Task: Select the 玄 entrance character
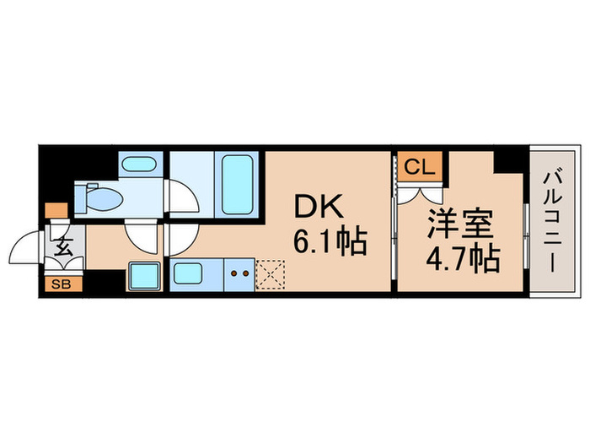63,248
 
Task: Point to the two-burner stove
238,273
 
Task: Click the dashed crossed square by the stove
272,273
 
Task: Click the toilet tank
82,198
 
